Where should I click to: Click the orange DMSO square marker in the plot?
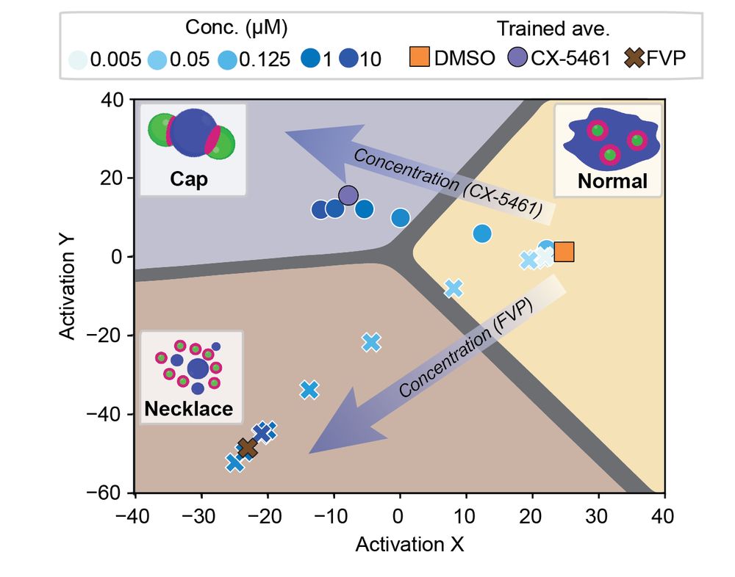click(564, 252)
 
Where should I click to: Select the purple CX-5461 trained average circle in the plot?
click(348, 195)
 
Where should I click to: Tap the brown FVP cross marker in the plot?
click(248, 448)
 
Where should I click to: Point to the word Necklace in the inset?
click(189, 410)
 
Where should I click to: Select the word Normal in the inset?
click(612, 181)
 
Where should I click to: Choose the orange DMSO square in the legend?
click(418, 59)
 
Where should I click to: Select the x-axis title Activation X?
click(400, 544)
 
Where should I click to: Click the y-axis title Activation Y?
click(68, 296)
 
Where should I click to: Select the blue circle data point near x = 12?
click(482, 233)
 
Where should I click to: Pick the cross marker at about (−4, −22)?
click(371, 342)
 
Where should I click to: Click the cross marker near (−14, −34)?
click(309, 390)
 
